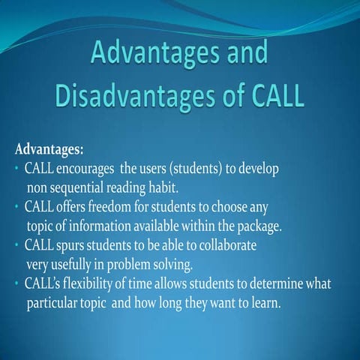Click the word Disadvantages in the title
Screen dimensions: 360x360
point(135,96)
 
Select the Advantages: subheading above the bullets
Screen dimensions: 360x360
point(49,150)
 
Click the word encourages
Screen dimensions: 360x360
point(85,169)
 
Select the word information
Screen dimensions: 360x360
point(100,226)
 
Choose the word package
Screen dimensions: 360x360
point(259,226)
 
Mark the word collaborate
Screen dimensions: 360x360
point(228,245)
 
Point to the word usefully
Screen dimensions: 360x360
point(71,265)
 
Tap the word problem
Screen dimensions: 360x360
point(128,265)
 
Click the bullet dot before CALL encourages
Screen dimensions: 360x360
point(16,169)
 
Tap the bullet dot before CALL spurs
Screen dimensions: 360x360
point(16,245)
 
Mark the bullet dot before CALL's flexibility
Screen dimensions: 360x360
point(16,283)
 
